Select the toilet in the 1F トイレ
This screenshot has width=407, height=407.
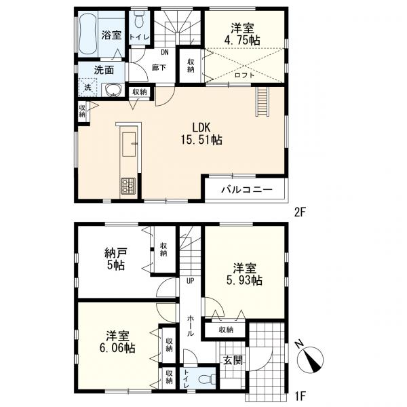pos(207,379)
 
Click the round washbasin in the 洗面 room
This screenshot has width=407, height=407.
pos(113,90)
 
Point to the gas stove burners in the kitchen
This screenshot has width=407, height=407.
pos(128,186)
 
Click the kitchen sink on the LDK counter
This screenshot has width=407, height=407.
pos(129,144)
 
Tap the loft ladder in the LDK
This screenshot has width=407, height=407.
pos(263,102)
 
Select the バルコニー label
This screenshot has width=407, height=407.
pos(247,189)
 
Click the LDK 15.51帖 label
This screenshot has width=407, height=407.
pos(201,134)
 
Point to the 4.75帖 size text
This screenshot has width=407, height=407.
pos(242,40)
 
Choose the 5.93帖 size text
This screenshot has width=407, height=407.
pos(244,280)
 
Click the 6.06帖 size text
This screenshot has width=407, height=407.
pos(117,348)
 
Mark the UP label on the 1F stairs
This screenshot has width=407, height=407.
pos(190,281)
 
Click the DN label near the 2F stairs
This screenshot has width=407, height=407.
pos(165,52)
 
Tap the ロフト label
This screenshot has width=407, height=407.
pos(244,75)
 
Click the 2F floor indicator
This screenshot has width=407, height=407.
pos(300,213)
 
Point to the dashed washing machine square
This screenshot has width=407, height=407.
pos(88,88)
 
